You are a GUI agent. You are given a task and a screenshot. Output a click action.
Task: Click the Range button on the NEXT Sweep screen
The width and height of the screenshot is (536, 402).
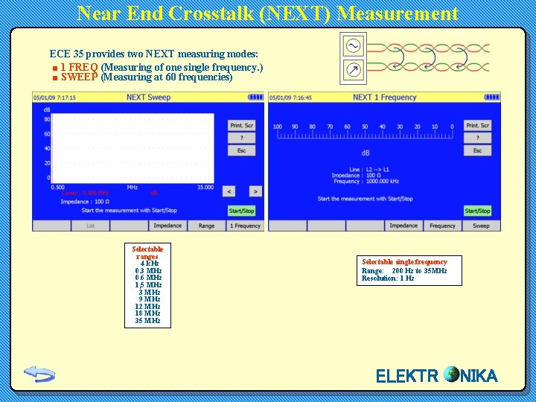coord(206,226)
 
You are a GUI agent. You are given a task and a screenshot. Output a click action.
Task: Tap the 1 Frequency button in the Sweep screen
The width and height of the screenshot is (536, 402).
coord(245,226)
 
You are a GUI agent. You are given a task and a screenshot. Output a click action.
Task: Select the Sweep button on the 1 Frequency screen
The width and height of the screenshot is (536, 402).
coord(481,226)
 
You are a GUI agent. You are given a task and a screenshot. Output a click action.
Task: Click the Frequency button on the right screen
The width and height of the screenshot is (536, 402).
coord(442,226)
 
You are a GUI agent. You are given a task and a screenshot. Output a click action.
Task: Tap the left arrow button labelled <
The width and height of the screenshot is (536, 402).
coord(229,191)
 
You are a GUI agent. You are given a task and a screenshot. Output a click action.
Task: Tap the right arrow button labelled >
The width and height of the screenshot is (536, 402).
coord(255,191)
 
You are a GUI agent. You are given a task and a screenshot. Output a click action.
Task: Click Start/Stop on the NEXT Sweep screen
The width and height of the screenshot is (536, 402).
coord(241,211)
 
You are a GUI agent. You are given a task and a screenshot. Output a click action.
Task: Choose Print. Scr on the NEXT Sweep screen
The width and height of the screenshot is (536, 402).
coord(241,125)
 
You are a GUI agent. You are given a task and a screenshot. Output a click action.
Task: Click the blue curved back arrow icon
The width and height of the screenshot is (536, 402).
coord(39,374)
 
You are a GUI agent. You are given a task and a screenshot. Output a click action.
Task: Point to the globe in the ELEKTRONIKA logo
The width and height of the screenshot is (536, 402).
coord(450,374)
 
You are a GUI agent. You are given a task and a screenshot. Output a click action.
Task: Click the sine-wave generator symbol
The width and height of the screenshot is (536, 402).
coord(353,46)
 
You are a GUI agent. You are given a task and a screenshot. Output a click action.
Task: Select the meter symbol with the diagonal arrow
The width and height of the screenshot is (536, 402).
coord(353,71)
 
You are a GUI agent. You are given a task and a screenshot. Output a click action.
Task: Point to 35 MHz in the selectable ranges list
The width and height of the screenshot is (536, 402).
coord(147,321)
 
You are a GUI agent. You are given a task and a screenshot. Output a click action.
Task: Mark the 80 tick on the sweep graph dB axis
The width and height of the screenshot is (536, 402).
coord(47,119)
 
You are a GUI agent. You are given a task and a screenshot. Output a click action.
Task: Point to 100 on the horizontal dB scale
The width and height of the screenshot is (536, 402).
coord(277,127)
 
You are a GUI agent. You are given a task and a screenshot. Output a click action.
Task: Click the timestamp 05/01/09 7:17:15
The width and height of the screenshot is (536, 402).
coord(54,97)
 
